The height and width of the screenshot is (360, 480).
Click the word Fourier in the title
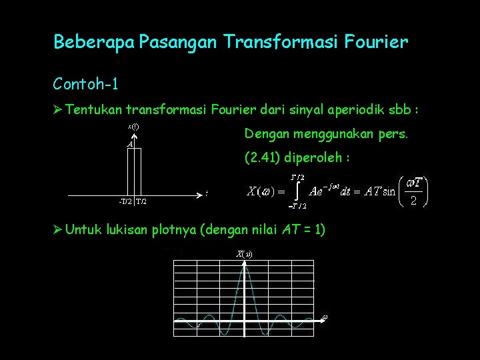(x=377, y=43)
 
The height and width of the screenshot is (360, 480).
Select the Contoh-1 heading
(x=86, y=84)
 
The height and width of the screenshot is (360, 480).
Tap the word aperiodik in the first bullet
(x=317, y=109)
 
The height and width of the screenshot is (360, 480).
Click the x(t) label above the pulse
(x=133, y=126)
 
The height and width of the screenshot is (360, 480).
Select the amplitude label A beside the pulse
(x=131, y=144)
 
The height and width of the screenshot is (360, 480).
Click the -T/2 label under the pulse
(x=123, y=201)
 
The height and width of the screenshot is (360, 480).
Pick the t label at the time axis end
(x=207, y=193)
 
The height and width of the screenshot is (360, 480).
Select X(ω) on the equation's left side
(x=259, y=192)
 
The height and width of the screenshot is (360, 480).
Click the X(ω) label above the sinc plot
(x=243, y=253)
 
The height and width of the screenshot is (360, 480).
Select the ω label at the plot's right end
(x=325, y=317)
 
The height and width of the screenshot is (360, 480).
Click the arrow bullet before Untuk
(x=58, y=230)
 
